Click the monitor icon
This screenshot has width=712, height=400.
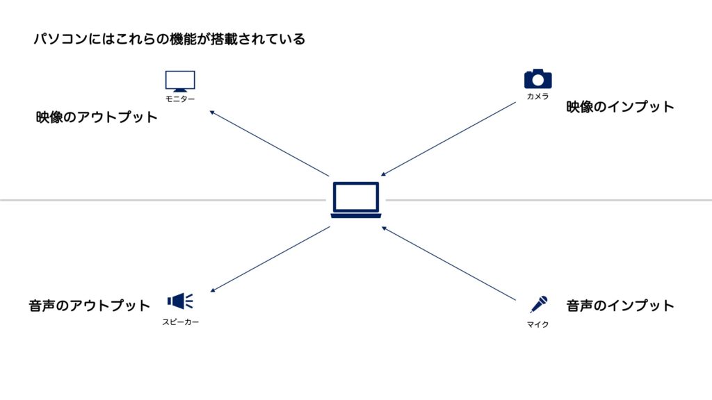(x=180, y=81)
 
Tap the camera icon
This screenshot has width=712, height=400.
(x=537, y=78)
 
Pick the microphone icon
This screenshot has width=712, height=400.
(x=539, y=304)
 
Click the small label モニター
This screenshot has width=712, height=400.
(x=180, y=99)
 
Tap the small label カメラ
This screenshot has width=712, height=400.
(x=537, y=97)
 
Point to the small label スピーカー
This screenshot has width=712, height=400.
(x=180, y=322)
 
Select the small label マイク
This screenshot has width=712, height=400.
(x=537, y=324)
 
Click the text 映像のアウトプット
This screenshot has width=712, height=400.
(x=97, y=117)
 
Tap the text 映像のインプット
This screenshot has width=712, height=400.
(x=620, y=107)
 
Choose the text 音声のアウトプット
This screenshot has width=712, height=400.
(x=90, y=306)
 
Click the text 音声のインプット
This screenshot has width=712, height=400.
(x=620, y=306)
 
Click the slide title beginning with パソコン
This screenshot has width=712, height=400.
(x=170, y=39)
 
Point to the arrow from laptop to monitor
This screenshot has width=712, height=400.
(x=269, y=143)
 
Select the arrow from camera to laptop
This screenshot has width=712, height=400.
(x=448, y=140)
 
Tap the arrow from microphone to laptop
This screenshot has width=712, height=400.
(x=448, y=263)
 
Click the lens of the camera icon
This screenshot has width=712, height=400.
(x=537, y=80)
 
